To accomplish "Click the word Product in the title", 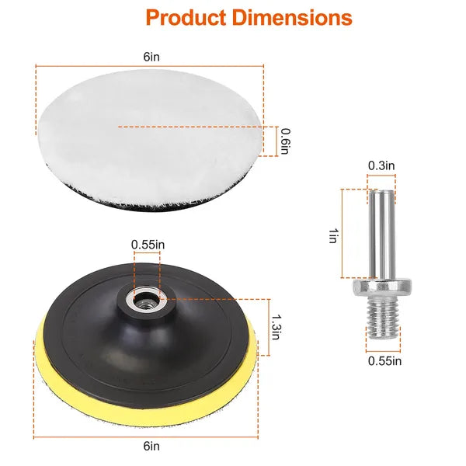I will click(x=183, y=17).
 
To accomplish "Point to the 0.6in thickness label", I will click(x=285, y=140).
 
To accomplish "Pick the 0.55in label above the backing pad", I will click(x=148, y=245).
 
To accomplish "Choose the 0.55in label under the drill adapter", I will click(x=384, y=360).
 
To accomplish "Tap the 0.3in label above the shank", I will click(x=381, y=165).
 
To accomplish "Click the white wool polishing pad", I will click(x=148, y=132).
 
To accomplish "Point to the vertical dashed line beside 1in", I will click(x=343, y=233).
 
